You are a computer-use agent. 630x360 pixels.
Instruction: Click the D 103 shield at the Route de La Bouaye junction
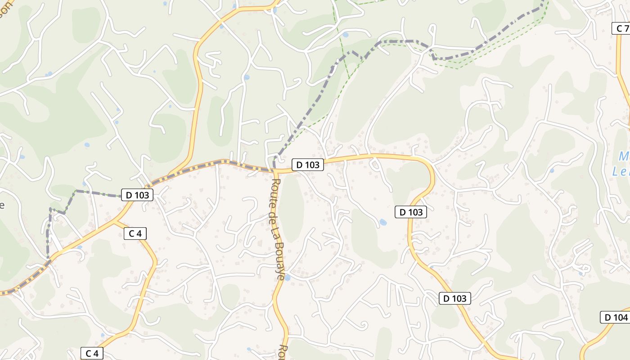click(308, 165)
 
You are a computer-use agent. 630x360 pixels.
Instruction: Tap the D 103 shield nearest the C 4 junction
click(137, 195)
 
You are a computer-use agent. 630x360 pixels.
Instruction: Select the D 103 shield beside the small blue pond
click(410, 211)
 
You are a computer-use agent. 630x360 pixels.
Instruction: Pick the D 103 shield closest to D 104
click(454, 298)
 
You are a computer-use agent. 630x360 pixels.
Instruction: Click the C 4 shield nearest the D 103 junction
click(135, 233)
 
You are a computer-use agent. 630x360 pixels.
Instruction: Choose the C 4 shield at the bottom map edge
click(92, 353)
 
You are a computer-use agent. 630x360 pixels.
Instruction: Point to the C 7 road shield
click(622, 28)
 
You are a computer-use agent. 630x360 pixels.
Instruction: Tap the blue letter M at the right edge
click(624, 157)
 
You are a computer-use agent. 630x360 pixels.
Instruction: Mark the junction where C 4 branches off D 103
click(114, 221)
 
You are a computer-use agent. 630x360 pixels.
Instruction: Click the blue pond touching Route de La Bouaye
click(287, 278)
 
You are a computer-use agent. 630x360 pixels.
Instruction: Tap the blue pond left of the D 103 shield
click(383, 222)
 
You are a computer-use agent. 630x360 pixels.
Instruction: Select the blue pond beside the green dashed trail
click(345, 35)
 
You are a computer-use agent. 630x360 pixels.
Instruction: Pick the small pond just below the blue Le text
click(552, 171)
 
